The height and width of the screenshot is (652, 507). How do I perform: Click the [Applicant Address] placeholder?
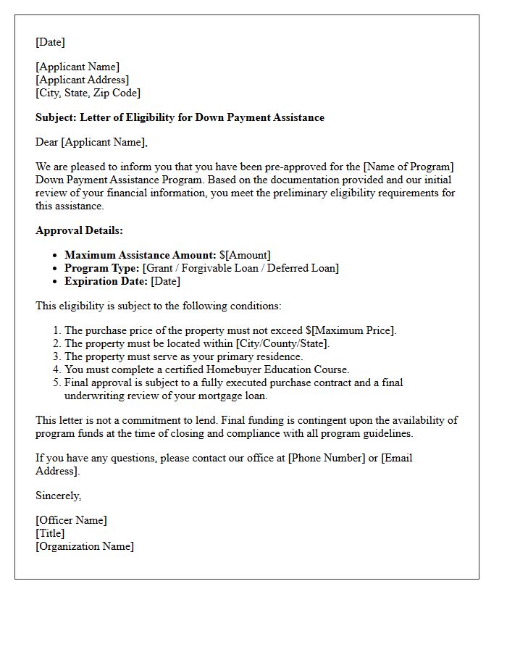pyautogui.click(x=82, y=80)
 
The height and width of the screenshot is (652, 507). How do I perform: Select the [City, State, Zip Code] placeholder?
pyautogui.click(x=88, y=93)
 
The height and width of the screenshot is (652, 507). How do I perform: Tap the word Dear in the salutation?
pyautogui.click(x=47, y=142)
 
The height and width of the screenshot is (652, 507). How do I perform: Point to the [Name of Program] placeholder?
pyautogui.click(x=412, y=167)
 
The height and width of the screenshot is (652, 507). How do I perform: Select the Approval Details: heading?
pyautogui.click(x=79, y=230)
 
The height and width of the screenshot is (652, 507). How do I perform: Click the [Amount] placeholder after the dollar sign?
pyautogui.click(x=248, y=255)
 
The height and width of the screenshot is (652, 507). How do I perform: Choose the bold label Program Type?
pyautogui.click(x=101, y=268)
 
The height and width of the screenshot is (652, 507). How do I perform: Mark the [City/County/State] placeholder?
pyautogui.click(x=282, y=343)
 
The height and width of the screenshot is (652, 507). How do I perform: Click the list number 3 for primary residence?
pyautogui.click(x=56, y=356)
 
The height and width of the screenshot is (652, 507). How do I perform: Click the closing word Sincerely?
pyautogui.click(x=58, y=496)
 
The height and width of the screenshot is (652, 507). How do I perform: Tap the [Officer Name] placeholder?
pyautogui.click(x=71, y=520)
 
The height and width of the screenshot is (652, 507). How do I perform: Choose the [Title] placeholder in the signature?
pyautogui.click(x=50, y=533)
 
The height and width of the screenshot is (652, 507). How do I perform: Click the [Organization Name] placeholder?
pyautogui.click(x=84, y=546)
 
